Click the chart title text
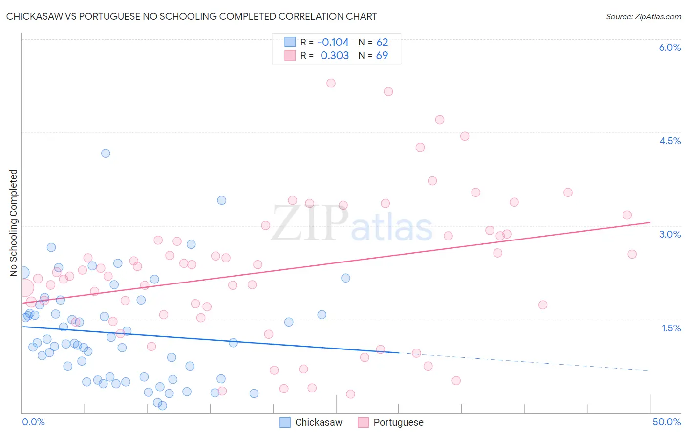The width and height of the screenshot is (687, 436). pos(192,16)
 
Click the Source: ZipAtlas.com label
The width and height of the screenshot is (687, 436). pos(643,16)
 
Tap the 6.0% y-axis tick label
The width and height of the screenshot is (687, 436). pos(669,47)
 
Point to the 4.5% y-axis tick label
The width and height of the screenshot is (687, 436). pos(669,141)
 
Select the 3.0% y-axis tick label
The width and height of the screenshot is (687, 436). pos(669,234)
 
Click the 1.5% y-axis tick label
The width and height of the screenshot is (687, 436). pos(671,328)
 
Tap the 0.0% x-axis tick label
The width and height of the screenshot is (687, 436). pos(34,422)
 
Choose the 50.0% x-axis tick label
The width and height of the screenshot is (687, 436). pos(666,422)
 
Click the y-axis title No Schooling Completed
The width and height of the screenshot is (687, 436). pos(14,223)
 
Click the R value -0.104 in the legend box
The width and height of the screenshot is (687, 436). pos(333,42)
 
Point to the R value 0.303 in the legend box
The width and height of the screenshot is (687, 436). pos(335,55)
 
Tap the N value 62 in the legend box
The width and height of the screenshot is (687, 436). pos(382,42)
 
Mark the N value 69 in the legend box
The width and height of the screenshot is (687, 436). pos(382,55)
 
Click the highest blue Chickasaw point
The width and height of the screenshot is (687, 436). pos(106,153)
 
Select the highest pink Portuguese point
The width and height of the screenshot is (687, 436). pos(331,83)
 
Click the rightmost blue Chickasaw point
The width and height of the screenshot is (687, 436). pos(345,278)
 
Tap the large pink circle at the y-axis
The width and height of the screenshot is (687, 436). pos(24,288)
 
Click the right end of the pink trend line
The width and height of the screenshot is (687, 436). pos(650,222)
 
